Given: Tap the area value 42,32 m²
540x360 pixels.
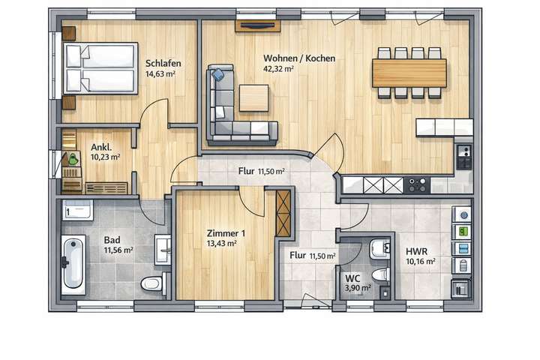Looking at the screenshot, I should (x=277, y=69).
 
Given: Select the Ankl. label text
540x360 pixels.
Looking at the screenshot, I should (x=100, y=147).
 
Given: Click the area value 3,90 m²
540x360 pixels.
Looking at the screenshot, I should (x=357, y=287).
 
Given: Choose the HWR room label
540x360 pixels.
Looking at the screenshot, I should (x=416, y=251).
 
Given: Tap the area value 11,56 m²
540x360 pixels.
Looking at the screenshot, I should (x=118, y=250).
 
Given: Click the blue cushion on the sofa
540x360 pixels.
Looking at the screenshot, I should (x=218, y=75).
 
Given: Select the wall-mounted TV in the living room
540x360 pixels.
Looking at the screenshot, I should (x=256, y=26).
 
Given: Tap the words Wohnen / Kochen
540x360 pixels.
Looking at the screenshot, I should (x=298, y=58).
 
